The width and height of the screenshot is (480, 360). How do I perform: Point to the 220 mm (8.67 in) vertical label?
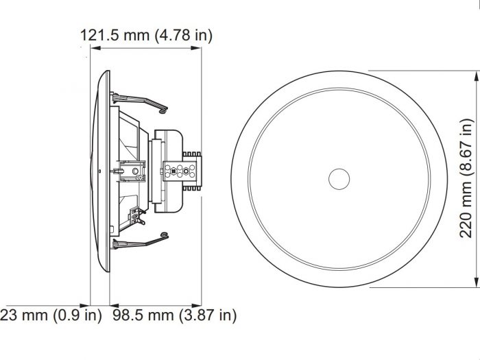[x=466, y=177]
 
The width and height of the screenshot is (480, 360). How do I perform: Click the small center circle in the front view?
[x=338, y=180]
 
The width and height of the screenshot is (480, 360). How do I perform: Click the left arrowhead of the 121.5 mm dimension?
[x=95, y=49]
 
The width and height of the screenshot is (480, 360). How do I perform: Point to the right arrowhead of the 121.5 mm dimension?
[x=198, y=49]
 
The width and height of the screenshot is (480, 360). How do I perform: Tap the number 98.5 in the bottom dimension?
[x=126, y=315]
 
